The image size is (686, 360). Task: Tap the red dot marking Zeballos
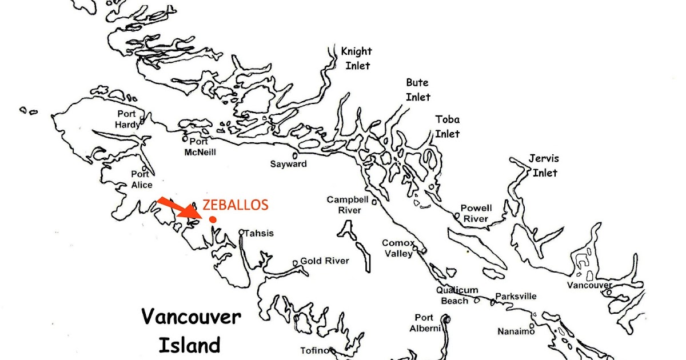coord(213,219)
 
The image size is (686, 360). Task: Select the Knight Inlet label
coord(356,58)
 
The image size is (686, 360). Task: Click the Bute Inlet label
coord(418,90)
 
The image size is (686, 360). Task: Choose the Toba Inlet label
coord(447,127)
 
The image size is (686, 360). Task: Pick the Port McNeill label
coord(199,147)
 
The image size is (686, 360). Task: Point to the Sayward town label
coord(288,164)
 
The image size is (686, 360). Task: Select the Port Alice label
coord(141,179)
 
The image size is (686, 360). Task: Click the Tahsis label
coord(260,233)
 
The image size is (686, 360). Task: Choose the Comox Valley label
coord(398,249)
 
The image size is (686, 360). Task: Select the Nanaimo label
coord(515,331)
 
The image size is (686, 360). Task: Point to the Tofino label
coord(314,350)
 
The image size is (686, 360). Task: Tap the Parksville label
coord(516,296)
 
